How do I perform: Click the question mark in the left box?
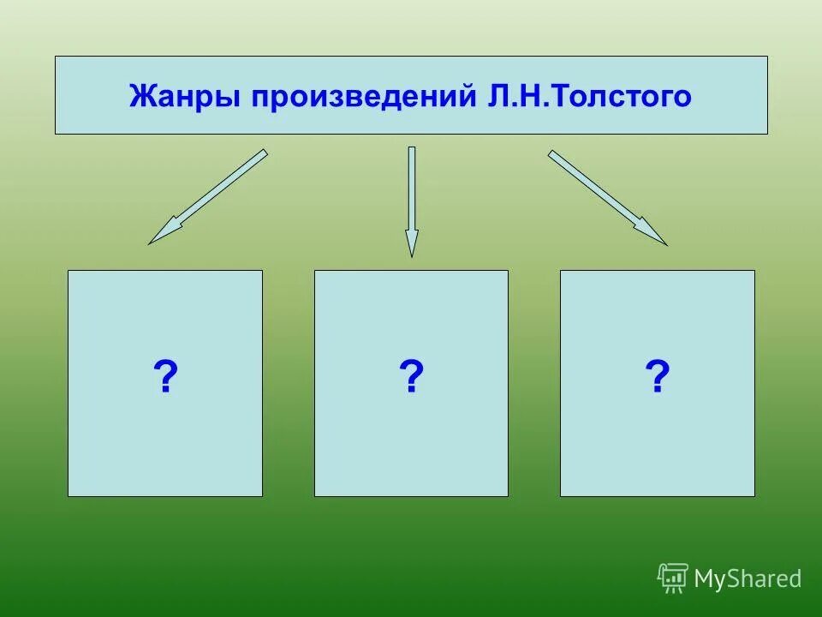pos(165,376)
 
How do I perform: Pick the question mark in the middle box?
pos(411,376)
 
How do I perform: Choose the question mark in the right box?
pos(657,376)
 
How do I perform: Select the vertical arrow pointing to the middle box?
pos(412,201)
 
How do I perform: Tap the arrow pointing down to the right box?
pos(607,198)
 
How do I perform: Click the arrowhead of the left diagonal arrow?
pos(162,233)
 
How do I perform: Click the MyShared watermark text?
pos(748,579)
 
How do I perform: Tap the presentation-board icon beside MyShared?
pos(673,578)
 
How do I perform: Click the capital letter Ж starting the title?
pos(140,96)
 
